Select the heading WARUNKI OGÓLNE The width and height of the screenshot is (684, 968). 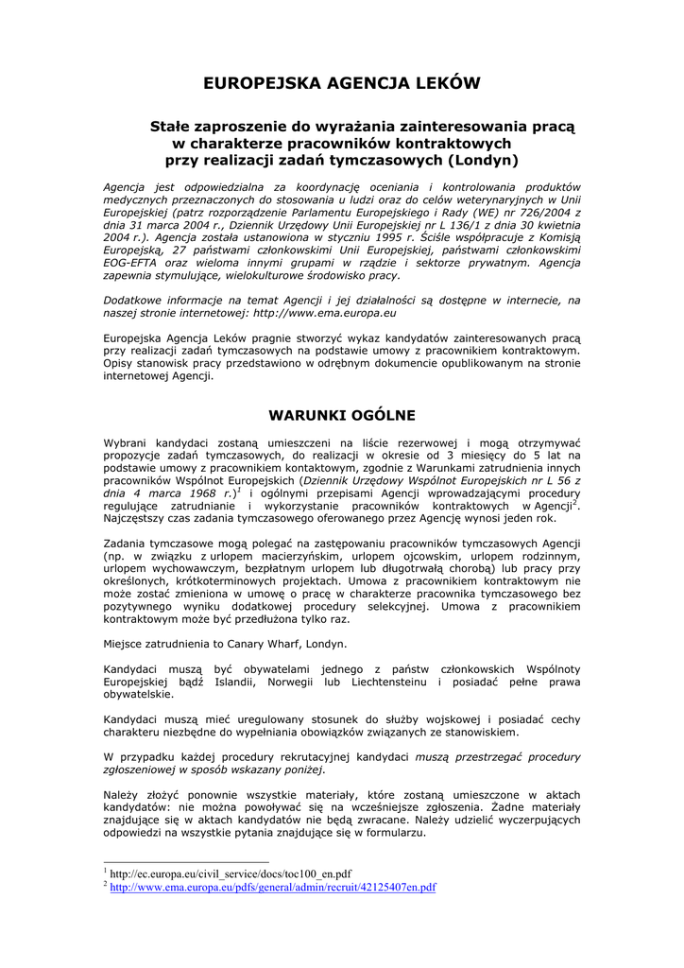point(342,414)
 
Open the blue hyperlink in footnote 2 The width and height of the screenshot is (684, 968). point(273,888)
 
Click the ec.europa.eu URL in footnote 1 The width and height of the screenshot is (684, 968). point(231,874)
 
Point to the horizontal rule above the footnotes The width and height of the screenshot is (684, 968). point(186,862)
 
